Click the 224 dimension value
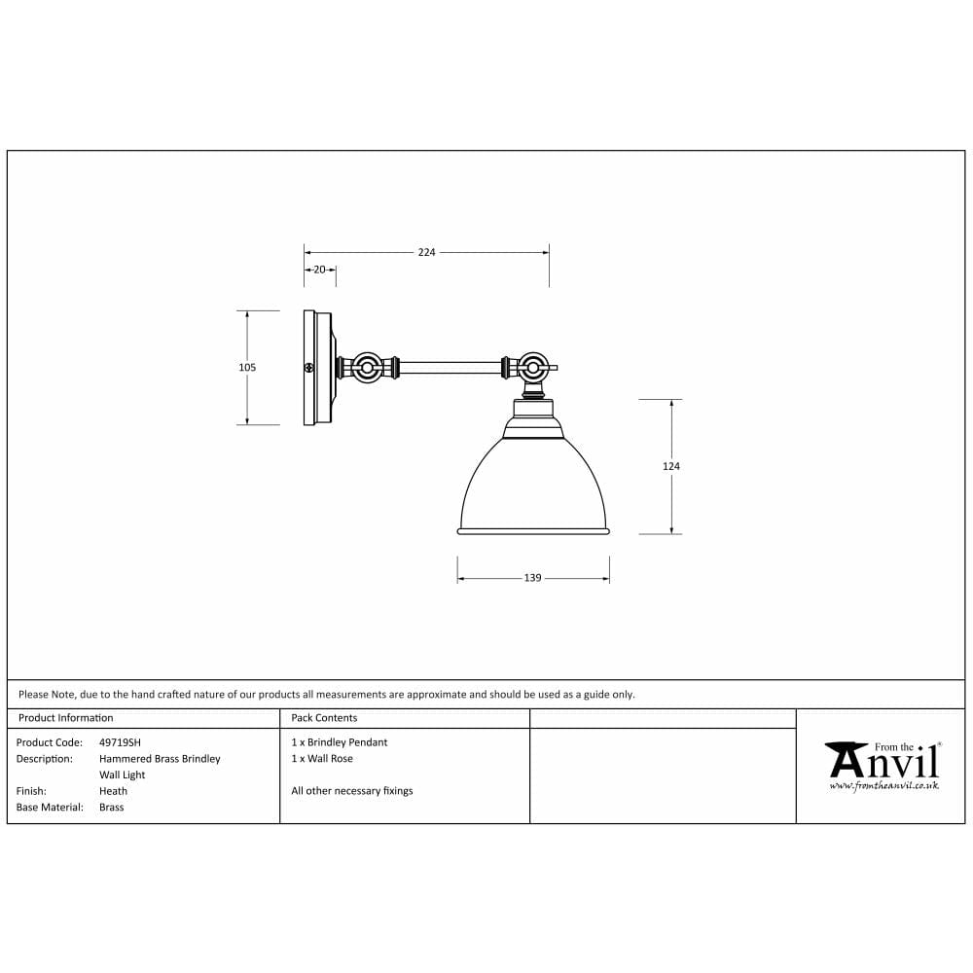click(x=426, y=252)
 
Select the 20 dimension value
click(x=319, y=270)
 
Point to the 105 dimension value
click(x=247, y=368)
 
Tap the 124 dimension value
click(x=671, y=466)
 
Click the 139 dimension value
click(x=532, y=578)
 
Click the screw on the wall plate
click(x=309, y=368)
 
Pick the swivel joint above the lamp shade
click(x=531, y=368)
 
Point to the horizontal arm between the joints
click(x=450, y=368)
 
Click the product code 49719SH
click(x=120, y=742)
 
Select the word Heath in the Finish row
click(x=113, y=791)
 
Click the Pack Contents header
click(x=324, y=718)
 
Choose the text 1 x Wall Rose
click(x=322, y=759)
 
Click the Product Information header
click(x=65, y=718)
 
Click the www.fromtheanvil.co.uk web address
click(x=883, y=785)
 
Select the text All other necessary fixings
click(x=351, y=791)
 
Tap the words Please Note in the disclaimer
click(x=46, y=695)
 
